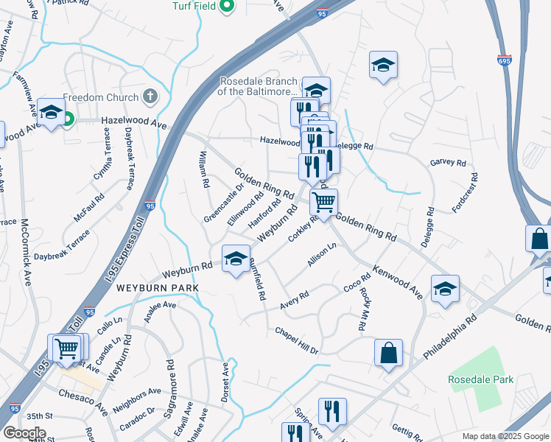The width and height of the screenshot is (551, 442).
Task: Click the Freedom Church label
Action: coord(101,97)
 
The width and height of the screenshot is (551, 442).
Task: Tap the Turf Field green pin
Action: coord(227,7)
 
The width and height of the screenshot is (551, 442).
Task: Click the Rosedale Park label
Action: coord(481,380)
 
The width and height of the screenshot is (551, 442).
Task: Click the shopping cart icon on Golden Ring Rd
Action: coord(323,201)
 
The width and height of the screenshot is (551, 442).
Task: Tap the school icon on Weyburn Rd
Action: coord(236,259)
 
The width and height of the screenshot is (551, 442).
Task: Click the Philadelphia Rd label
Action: coord(452,336)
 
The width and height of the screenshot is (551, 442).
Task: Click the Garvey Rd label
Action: coord(448,162)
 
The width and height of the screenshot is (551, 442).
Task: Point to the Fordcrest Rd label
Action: coord(466,193)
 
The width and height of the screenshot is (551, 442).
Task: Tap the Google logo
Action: coord(24,433)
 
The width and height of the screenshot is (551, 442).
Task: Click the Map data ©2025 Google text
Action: coord(505,436)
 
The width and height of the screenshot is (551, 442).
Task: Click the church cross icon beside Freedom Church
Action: coord(150,97)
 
